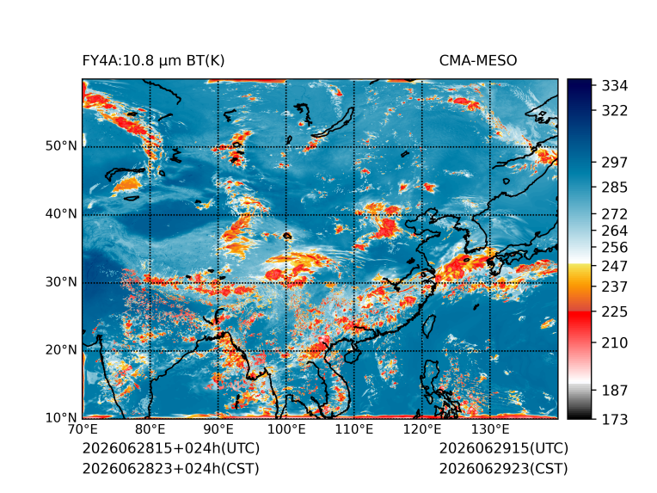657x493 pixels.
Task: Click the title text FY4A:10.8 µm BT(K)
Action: pos(153,61)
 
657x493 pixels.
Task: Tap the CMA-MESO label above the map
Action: pos(478,61)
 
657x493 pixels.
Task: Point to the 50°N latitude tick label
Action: pos(61,146)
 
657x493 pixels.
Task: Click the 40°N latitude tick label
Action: pos(61,214)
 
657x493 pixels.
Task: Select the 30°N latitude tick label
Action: pos(61,282)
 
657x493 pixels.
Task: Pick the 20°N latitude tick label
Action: pos(61,350)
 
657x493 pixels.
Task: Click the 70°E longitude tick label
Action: pos(83,429)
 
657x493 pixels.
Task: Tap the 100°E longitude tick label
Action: pos(286,429)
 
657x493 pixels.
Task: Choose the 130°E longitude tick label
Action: pos(490,429)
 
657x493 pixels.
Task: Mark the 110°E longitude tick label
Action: pos(354,429)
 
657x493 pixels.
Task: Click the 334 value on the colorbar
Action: pos(615,86)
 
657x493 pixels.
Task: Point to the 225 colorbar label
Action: pos(615,312)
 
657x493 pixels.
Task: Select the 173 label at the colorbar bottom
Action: pos(615,419)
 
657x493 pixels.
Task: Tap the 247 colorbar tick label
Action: pos(615,266)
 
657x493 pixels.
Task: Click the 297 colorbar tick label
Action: pos(615,163)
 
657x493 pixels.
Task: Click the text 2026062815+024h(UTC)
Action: pos(171,448)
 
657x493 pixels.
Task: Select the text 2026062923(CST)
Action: pos(504,468)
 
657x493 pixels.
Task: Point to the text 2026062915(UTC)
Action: pos(504,448)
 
